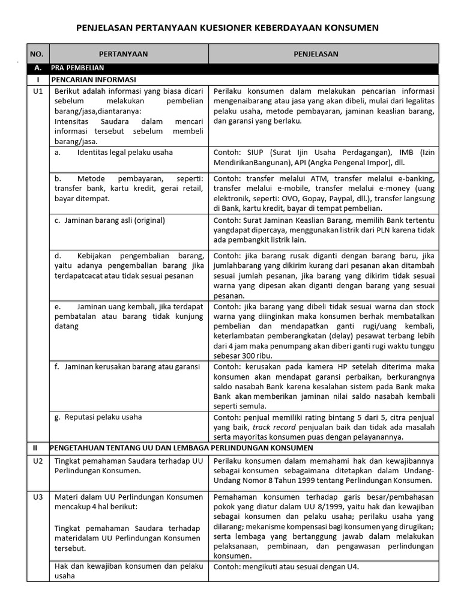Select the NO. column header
(37, 54)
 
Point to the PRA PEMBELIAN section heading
(77, 68)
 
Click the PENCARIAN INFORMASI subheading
(94, 79)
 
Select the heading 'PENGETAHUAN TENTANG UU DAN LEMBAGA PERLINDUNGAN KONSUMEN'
(181, 448)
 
